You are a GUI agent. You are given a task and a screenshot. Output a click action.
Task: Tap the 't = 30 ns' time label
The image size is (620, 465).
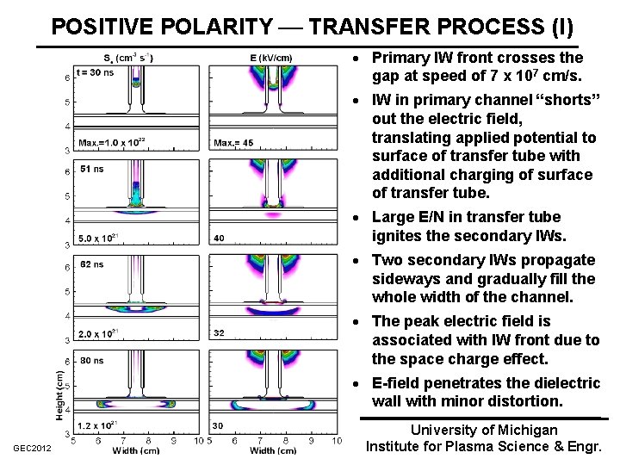click(x=96, y=72)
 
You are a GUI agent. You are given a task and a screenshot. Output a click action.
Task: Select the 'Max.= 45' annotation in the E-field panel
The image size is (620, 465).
click(x=233, y=143)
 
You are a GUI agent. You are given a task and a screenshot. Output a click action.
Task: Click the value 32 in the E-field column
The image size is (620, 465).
click(x=220, y=333)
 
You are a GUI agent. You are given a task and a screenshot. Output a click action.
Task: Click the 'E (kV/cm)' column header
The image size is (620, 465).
click(x=270, y=58)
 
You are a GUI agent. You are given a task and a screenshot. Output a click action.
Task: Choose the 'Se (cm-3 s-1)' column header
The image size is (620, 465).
click(x=129, y=58)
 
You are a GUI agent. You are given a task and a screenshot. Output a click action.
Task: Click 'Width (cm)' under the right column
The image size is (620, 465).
click(x=273, y=450)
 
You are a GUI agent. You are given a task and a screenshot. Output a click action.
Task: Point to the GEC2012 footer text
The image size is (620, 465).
click(x=32, y=449)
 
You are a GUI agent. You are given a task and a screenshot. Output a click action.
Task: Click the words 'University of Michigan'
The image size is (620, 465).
click(x=484, y=430)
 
